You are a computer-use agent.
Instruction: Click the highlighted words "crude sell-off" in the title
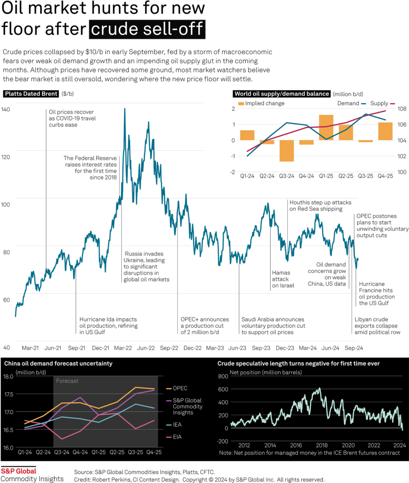click(x=147, y=29)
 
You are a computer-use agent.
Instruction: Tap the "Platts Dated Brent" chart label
click(x=32, y=94)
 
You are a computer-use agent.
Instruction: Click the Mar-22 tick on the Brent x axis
click(x=123, y=348)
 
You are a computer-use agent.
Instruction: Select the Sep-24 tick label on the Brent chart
click(x=354, y=348)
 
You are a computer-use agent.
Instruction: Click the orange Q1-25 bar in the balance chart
click(x=326, y=127)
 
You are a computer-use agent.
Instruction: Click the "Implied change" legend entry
click(x=262, y=103)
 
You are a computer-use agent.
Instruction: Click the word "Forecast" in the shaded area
click(x=67, y=381)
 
